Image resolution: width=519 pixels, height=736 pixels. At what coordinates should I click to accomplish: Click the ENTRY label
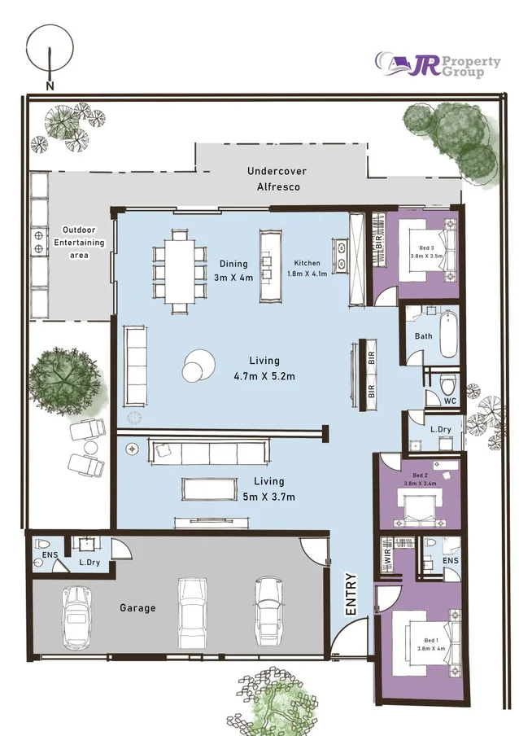click(351, 594)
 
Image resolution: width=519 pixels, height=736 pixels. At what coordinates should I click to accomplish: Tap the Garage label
click(137, 608)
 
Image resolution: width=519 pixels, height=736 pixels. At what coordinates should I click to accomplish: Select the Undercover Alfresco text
click(277, 179)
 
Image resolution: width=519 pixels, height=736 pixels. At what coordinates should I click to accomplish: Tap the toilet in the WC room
click(448, 385)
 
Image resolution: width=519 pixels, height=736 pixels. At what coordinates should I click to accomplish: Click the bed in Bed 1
click(430, 643)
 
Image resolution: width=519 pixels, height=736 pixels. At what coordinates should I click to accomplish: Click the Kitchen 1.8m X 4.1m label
click(307, 268)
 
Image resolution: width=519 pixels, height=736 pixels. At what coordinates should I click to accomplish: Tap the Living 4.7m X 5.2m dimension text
click(264, 369)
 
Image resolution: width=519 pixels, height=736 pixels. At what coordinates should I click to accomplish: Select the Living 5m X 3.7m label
click(268, 488)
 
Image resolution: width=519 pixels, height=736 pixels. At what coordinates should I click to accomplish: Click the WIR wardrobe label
click(387, 554)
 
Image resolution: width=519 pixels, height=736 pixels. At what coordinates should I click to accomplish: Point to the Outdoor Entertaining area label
click(79, 242)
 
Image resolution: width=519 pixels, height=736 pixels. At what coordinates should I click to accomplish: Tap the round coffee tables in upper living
click(198, 366)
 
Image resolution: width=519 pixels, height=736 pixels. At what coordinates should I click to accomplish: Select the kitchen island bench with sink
click(271, 265)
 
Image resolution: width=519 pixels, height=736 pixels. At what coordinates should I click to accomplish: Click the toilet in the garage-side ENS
click(42, 545)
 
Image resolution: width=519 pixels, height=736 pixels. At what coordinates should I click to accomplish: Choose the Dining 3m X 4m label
click(233, 271)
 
